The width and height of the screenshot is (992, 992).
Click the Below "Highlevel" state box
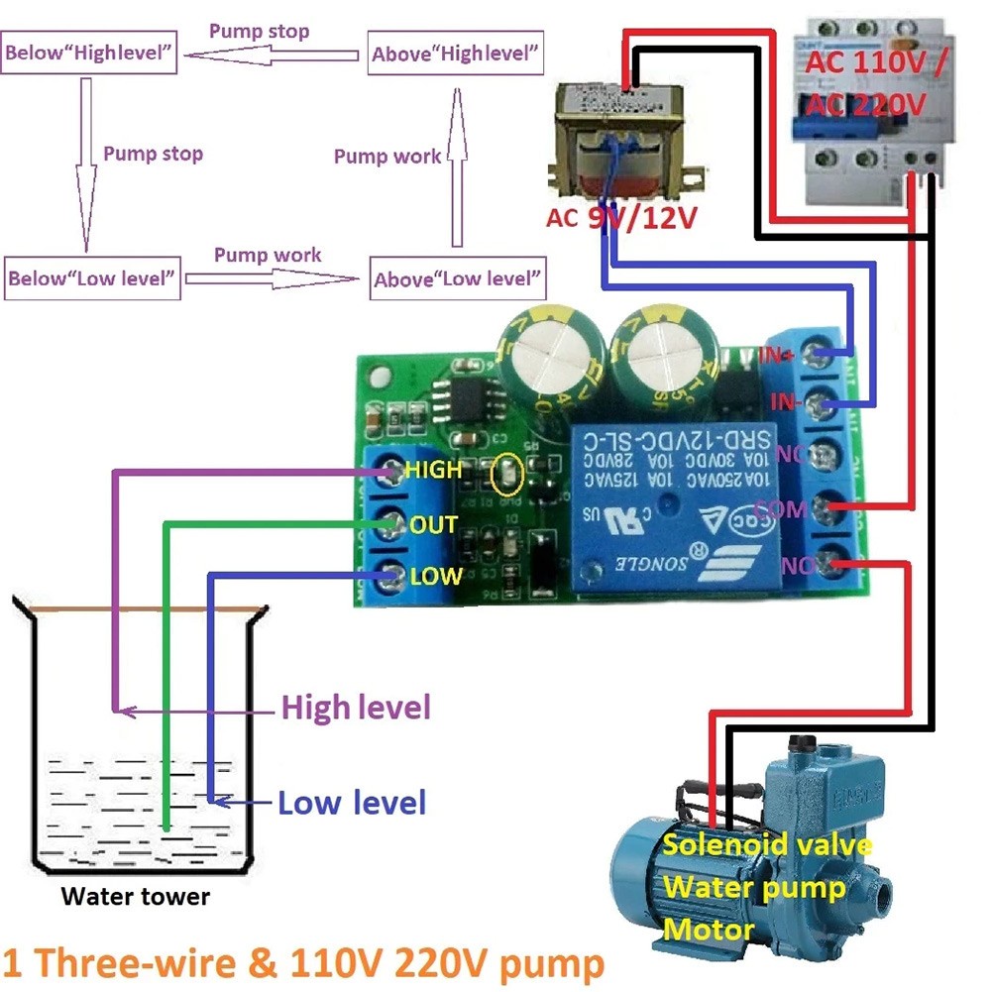(x=90, y=54)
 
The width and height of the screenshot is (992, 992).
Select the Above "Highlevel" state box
(x=457, y=54)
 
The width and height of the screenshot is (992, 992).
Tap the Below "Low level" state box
(x=92, y=277)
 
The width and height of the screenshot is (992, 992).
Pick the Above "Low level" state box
(x=458, y=278)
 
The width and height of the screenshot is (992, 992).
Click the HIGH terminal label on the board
(x=433, y=470)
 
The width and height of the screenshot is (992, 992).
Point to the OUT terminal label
(x=433, y=523)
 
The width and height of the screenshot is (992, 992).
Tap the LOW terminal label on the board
(x=436, y=576)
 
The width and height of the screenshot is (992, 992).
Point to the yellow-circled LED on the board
(x=505, y=477)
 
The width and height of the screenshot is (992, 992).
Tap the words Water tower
(x=136, y=897)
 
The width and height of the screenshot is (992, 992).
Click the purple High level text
(x=356, y=708)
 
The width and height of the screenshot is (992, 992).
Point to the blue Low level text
(x=352, y=802)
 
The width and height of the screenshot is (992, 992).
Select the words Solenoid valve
(x=767, y=844)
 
